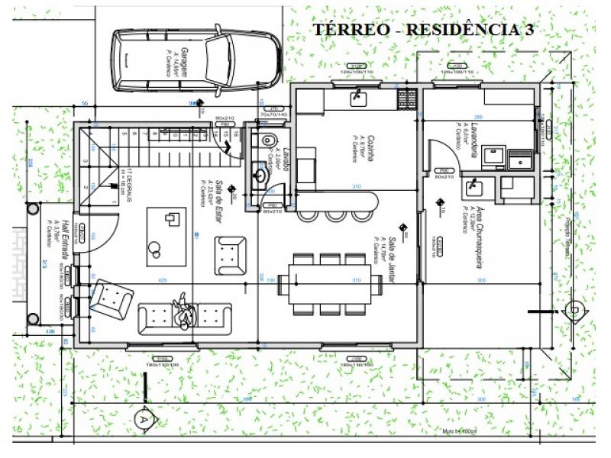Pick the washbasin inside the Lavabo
262,174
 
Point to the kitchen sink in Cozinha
357,97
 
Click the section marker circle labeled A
142,418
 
